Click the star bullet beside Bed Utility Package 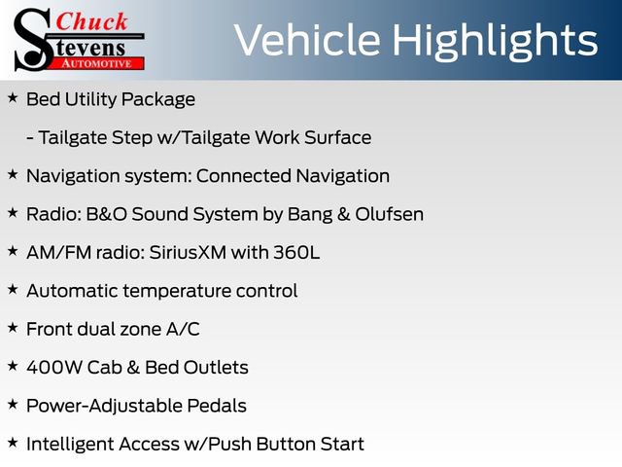pos(13,98)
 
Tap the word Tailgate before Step pos(76,137)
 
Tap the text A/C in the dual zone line pos(182,329)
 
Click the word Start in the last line pos(340,445)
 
